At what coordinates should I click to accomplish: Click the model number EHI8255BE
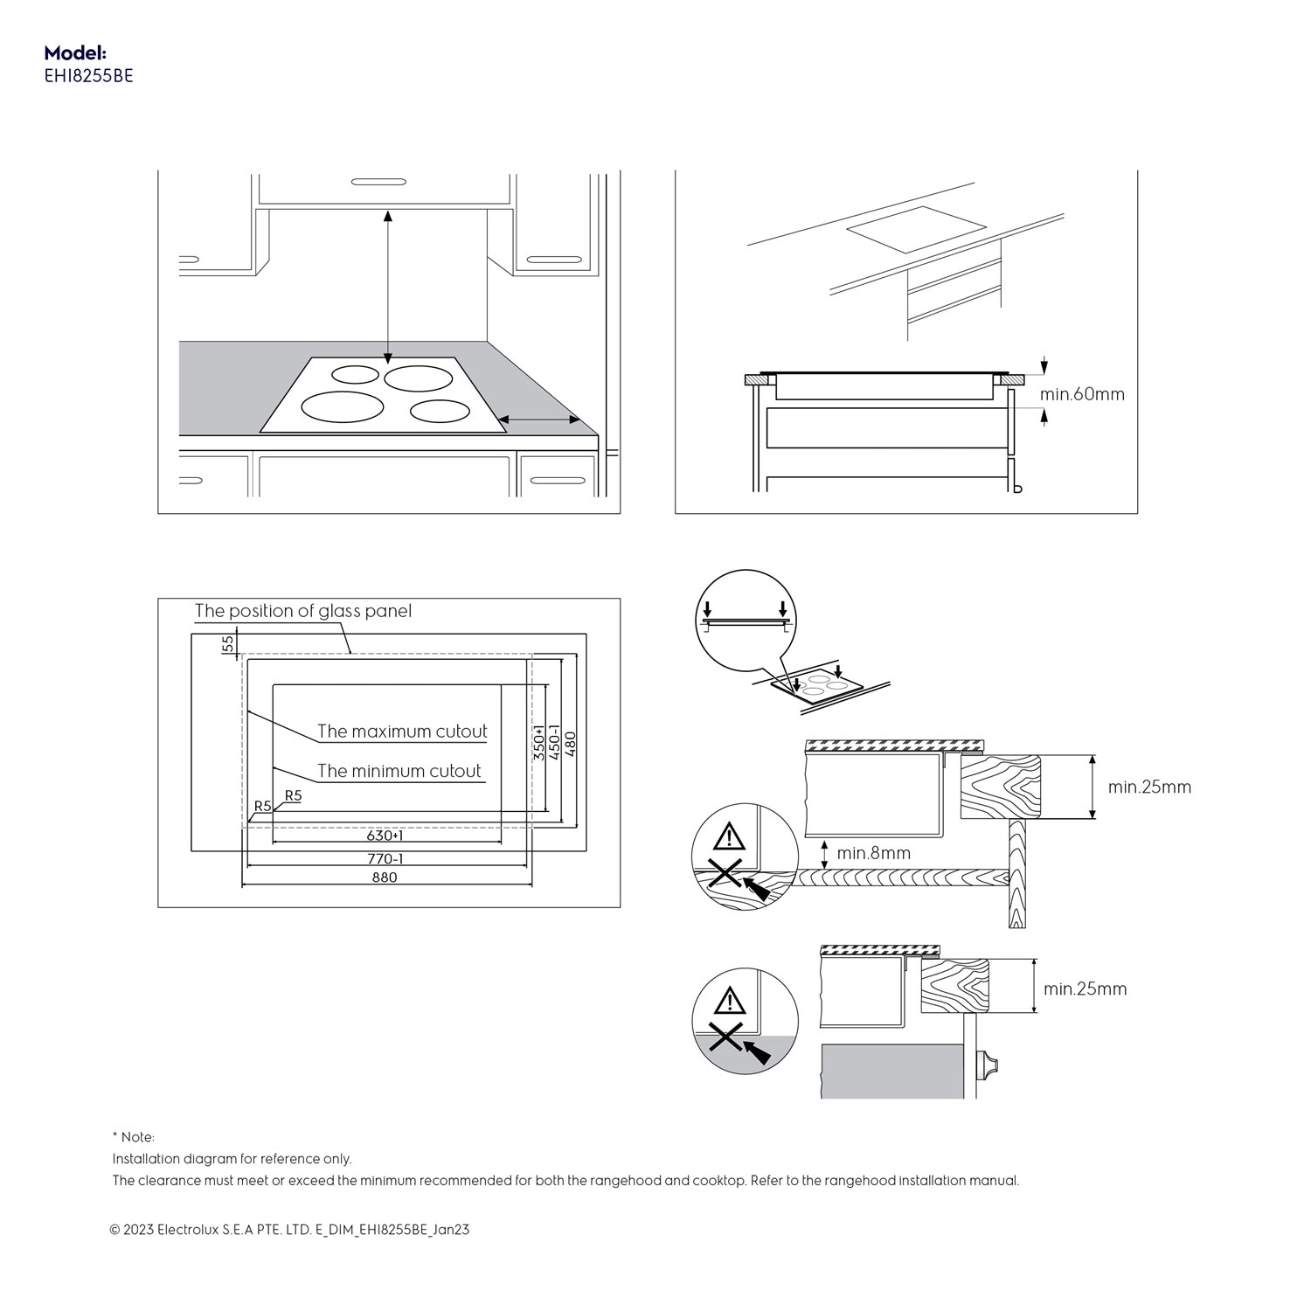88,76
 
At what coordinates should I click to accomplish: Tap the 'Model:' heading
75,53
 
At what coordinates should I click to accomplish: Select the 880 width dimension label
385,877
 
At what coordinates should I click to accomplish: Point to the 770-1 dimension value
385,858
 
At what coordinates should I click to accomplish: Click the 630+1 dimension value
385,836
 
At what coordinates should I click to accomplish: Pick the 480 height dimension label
571,745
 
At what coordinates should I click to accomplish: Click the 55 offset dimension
228,644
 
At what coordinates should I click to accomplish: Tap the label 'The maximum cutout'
402,732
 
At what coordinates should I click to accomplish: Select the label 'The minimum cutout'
399,771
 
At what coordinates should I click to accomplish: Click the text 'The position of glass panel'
302,611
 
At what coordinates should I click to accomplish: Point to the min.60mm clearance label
1082,394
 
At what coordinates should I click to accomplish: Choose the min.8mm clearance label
873,853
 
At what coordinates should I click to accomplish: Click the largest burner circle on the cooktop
343,406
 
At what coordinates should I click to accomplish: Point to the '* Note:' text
133,1137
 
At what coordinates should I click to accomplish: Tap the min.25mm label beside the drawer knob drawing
1085,989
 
